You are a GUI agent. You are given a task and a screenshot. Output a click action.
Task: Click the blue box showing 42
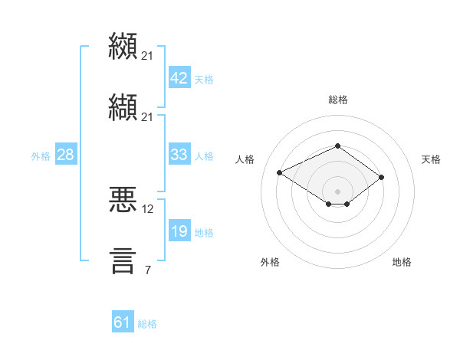[179, 77]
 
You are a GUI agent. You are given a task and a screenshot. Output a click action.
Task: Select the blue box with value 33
[179, 154]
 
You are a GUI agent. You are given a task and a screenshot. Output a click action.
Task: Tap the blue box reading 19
[179, 230]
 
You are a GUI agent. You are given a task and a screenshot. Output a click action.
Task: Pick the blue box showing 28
[66, 154]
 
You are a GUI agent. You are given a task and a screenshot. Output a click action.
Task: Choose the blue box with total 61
[123, 321]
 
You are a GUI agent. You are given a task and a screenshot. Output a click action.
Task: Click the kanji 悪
[123, 199]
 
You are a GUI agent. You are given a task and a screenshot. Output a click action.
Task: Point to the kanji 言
[123, 261]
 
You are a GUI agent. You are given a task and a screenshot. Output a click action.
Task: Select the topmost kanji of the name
[123, 46]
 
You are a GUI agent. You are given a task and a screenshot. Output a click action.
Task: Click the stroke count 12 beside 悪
[147, 209]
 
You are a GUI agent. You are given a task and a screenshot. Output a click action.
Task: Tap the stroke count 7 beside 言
[148, 270]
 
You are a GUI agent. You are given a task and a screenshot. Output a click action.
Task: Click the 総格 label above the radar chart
[337, 100]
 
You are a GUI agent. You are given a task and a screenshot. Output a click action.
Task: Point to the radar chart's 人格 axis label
[245, 159]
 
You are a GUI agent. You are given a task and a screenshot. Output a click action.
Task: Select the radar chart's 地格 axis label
[402, 262]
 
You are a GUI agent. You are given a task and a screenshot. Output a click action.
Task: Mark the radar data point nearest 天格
[381, 178]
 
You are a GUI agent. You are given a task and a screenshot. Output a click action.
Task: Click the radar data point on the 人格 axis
[280, 172]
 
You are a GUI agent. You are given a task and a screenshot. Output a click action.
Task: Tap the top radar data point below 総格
[337, 146]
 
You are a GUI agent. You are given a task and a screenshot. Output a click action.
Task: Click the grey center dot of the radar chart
[337, 191]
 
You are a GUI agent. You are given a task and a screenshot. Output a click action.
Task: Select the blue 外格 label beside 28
[41, 156]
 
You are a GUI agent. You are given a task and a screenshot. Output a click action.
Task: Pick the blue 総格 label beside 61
[147, 324]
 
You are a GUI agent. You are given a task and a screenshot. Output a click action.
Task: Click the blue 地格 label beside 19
[204, 233]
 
